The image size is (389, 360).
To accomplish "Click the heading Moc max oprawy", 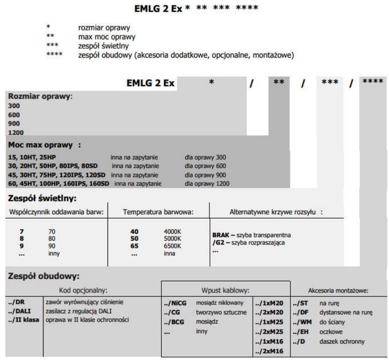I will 43,145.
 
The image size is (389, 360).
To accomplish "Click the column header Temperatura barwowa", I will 158,212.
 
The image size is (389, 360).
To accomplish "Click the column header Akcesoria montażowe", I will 339,290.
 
